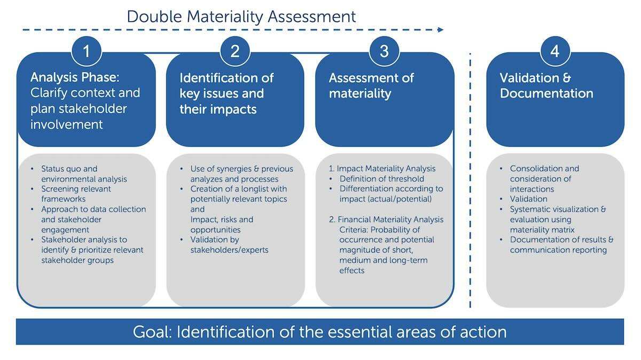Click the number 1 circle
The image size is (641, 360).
87,51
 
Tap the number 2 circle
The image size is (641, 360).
235,51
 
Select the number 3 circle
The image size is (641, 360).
384,51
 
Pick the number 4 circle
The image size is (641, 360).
555,51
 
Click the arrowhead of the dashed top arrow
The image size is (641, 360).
441,29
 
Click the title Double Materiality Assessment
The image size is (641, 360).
241,17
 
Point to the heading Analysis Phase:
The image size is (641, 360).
75,77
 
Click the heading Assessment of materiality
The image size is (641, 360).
371,86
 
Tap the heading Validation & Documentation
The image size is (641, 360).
546,85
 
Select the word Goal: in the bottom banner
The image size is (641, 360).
152,332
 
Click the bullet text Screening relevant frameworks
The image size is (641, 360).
76,194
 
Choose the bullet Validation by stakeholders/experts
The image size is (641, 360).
229,245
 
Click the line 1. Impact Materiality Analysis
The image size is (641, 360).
382,169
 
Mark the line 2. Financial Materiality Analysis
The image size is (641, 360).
386,219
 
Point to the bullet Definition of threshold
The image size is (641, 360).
382,178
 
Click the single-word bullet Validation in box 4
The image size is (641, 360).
528,199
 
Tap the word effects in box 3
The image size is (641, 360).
351,270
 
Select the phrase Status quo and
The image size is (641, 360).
69,169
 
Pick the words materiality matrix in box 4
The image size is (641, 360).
542,230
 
